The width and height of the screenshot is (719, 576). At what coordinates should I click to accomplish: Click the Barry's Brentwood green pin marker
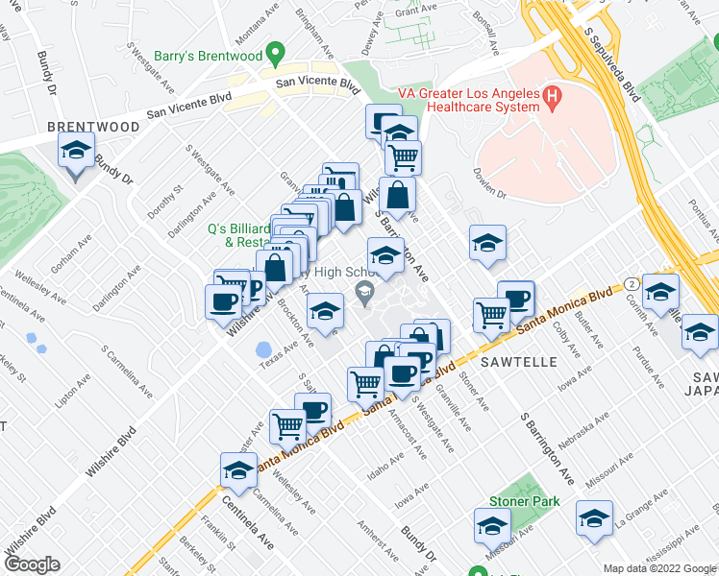coord(276,53)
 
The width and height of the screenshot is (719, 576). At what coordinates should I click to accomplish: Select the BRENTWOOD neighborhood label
coord(93,127)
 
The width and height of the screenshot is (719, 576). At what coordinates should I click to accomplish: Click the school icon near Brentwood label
coord(77,153)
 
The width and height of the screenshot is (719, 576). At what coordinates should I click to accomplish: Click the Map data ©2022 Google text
coord(659,568)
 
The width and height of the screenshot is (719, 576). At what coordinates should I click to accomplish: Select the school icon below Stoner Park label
coord(492,527)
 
